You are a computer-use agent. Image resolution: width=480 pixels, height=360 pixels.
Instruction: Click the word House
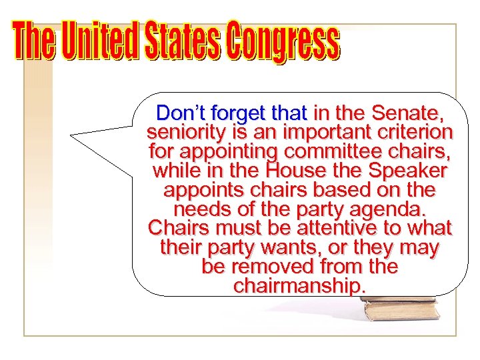(297, 170)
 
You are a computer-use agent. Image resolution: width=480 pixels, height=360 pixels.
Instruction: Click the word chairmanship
(299, 287)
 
